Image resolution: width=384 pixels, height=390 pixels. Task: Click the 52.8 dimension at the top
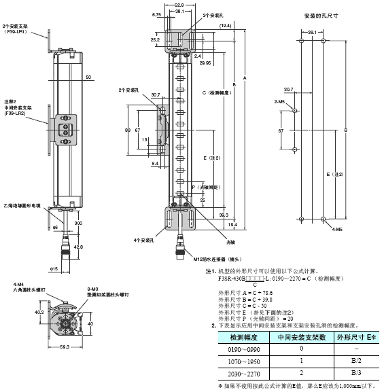coord(179,5)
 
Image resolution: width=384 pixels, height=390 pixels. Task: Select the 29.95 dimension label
coord(206,62)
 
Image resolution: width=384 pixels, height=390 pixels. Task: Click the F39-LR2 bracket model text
coord(14,113)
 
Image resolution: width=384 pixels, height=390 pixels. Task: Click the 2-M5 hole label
coord(279,101)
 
